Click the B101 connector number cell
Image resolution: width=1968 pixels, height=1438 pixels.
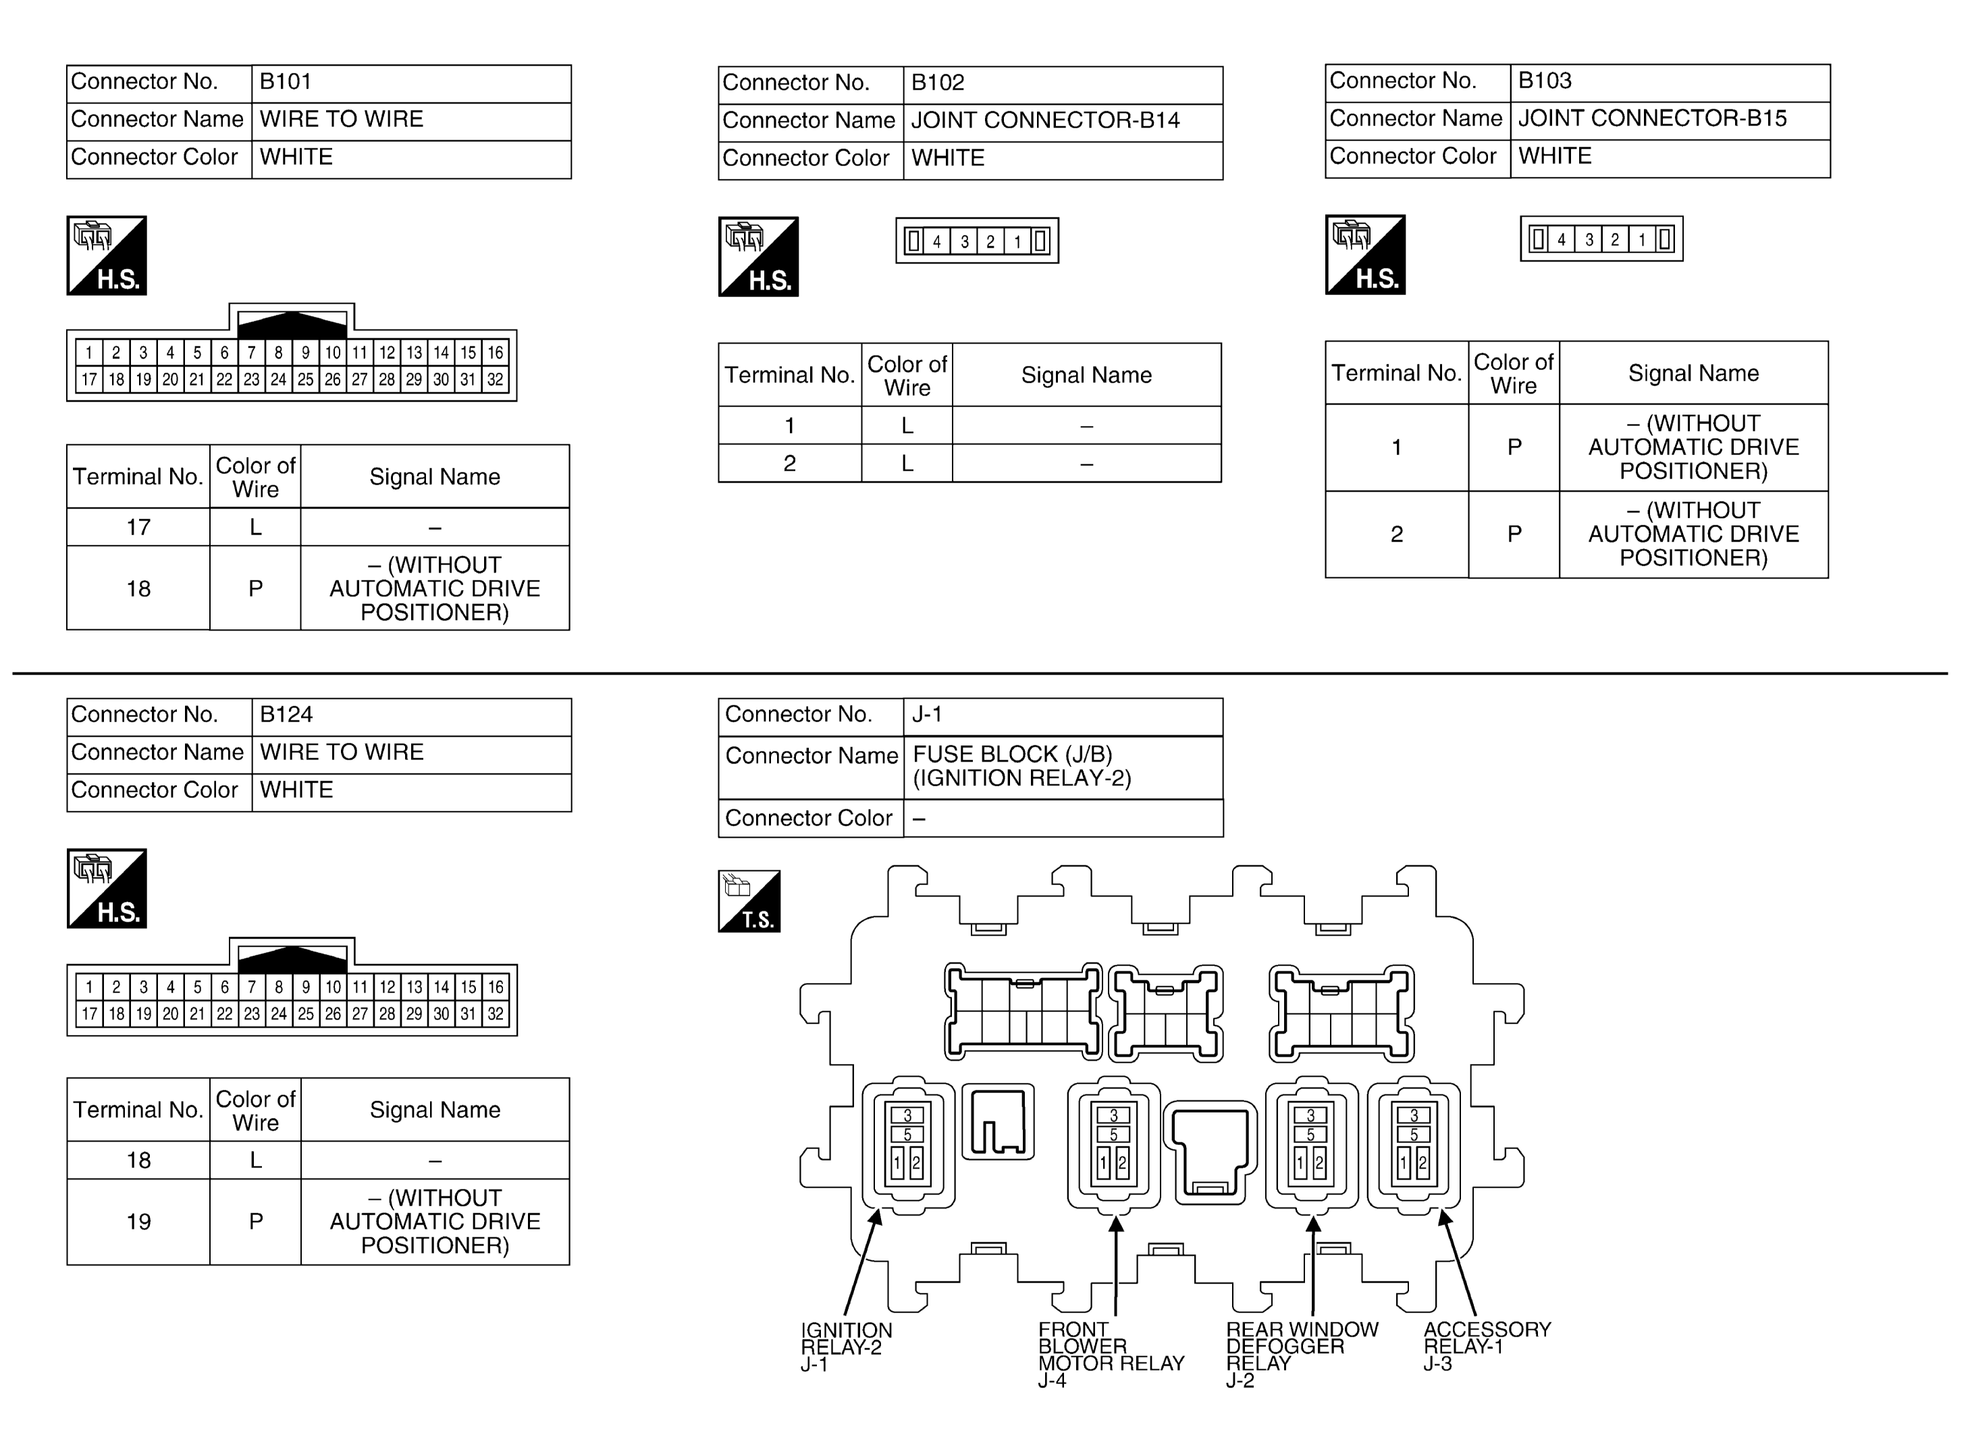411,84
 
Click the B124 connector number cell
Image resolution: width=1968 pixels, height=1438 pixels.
411,717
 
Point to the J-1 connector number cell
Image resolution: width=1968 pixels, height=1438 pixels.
1063,716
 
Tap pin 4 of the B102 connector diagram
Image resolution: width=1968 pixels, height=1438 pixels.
936,242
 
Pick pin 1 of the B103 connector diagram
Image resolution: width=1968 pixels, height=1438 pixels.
1642,240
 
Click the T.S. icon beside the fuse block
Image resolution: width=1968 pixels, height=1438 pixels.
749,901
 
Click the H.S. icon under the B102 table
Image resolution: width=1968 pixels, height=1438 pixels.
758,257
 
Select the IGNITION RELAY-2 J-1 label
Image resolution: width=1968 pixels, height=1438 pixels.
846,1348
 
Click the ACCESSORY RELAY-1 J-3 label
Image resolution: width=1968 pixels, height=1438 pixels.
1487,1347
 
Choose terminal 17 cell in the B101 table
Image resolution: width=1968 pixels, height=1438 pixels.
138,527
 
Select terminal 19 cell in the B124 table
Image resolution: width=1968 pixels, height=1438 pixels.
138,1222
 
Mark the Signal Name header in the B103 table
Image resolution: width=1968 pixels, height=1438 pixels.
1693,373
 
